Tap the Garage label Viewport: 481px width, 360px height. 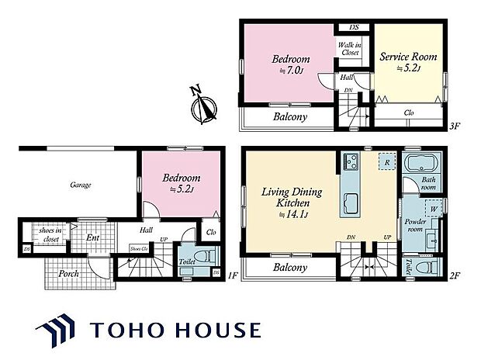click(x=81, y=185)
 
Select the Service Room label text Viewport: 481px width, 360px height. click(x=408, y=62)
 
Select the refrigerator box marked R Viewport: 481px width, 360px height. click(x=385, y=161)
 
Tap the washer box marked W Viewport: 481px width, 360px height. click(x=429, y=208)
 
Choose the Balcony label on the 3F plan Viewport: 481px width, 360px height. click(x=290, y=117)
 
